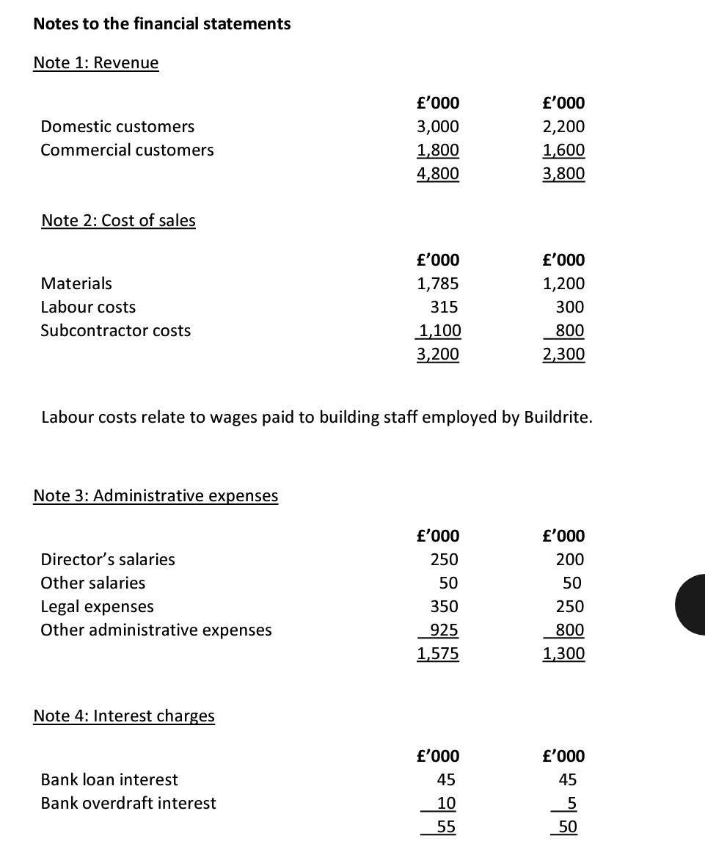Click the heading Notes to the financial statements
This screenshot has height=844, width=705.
click(x=161, y=23)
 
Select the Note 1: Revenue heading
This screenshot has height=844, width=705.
click(x=96, y=62)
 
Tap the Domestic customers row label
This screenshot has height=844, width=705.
click(x=117, y=126)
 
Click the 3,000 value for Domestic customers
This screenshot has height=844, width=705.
click(x=438, y=126)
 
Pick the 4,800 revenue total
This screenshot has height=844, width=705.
click(x=438, y=173)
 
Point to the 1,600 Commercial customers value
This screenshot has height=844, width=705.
click(x=564, y=150)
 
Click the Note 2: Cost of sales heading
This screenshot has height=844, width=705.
click(x=119, y=220)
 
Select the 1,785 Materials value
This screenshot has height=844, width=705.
click(x=438, y=283)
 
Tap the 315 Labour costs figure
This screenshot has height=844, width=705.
click(x=444, y=307)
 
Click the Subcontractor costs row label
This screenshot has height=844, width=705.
click(x=115, y=330)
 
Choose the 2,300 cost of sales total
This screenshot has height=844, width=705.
click(x=564, y=354)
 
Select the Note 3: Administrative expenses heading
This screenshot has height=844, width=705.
click(x=156, y=495)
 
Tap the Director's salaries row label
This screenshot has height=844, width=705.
click(x=108, y=559)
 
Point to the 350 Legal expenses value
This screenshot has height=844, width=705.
click(x=444, y=606)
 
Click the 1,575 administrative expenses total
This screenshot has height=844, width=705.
click(x=438, y=653)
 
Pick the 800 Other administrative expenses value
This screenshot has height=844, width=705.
click(x=570, y=630)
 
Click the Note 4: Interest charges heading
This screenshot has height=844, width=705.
click(x=124, y=716)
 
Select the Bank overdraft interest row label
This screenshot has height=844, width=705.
click(x=128, y=803)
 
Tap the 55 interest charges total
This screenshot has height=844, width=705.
click(x=446, y=826)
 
